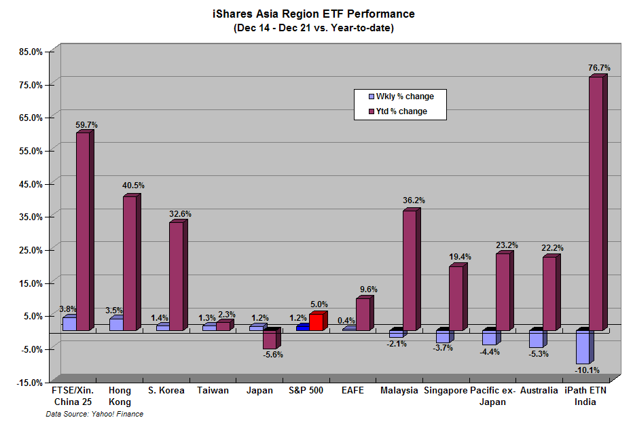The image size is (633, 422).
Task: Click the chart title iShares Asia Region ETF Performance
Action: tap(313, 14)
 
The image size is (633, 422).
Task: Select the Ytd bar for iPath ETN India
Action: tap(596, 204)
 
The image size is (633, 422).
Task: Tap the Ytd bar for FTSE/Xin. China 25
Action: tap(83, 231)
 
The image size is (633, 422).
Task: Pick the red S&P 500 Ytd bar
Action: tap(316, 322)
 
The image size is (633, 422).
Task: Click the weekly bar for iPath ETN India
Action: tap(582, 347)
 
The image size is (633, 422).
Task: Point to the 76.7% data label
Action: tap(599, 68)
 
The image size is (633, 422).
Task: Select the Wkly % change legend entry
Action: tap(405, 96)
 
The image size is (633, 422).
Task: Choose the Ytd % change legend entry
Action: tap(401, 111)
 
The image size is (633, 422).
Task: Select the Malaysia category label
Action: tap(399, 391)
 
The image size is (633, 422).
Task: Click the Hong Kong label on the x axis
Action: tap(120, 396)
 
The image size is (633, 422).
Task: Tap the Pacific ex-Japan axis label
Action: tap(493, 396)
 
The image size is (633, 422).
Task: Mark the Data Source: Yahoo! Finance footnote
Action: tap(94, 414)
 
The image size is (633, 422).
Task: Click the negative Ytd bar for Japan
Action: tap(270, 340)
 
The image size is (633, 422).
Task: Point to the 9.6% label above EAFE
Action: tap(367, 289)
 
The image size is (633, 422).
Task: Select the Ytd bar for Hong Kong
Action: tap(130, 264)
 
